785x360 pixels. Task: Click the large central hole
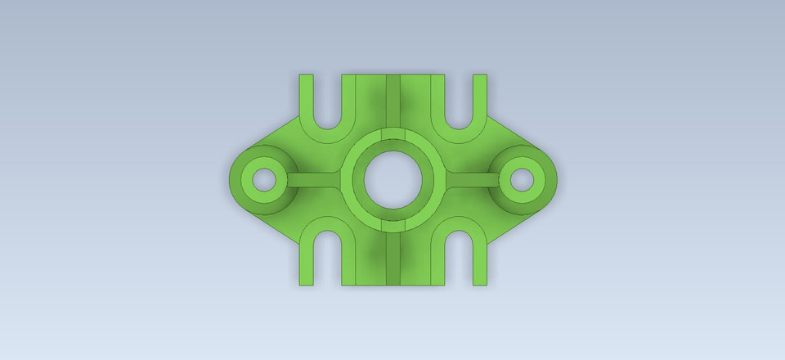click(x=392, y=179)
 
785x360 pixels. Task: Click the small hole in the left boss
click(x=263, y=179)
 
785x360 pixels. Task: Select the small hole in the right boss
click(x=522, y=179)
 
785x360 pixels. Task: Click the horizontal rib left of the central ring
click(x=315, y=179)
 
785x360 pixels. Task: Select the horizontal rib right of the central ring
click(x=471, y=179)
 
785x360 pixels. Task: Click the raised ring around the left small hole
click(x=245, y=179)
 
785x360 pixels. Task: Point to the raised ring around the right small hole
click(x=541, y=179)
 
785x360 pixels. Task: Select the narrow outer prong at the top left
click(x=306, y=94)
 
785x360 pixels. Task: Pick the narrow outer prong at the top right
click(x=479, y=94)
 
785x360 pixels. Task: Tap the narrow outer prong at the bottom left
click(x=306, y=266)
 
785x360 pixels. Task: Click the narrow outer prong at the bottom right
click(x=479, y=266)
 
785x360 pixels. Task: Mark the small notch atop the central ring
click(x=392, y=133)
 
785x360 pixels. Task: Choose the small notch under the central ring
click(x=392, y=225)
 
